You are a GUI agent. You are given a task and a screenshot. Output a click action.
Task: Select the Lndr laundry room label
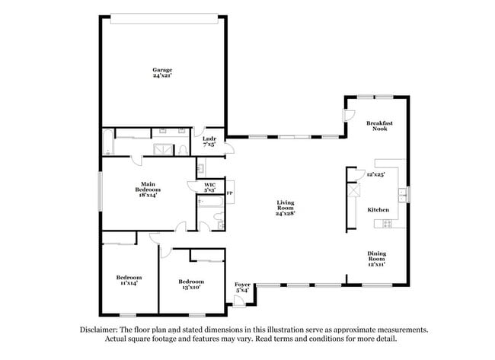click(209, 138)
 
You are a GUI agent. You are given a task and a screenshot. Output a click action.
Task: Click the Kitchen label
click(378, 209)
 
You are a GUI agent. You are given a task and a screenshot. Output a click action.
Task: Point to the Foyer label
click(242, 285)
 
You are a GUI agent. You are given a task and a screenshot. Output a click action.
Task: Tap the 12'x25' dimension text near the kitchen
click(375, 174)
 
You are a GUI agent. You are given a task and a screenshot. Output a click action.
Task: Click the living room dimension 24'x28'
click(286, 214)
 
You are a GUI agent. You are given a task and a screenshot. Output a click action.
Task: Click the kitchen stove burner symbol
click(386, 224)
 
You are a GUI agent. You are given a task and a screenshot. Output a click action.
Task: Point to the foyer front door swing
click(240, 301)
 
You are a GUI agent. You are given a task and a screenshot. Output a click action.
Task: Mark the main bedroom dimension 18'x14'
click(148, 196)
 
